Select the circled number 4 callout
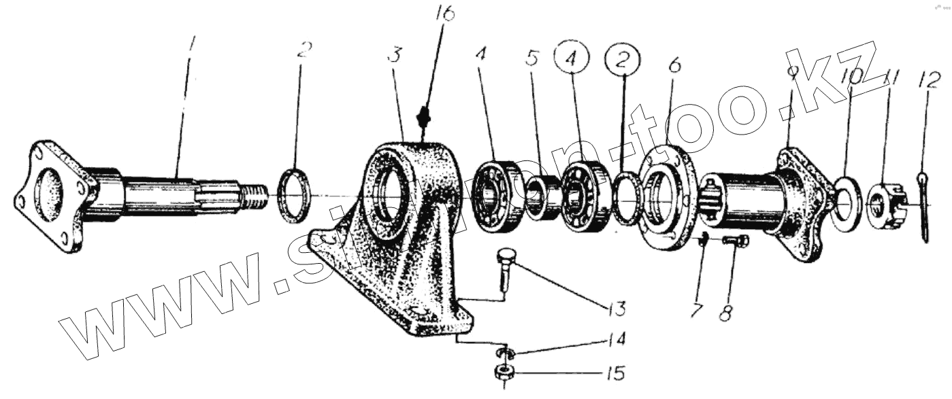574,59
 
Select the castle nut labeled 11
888,202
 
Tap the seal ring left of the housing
297,196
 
